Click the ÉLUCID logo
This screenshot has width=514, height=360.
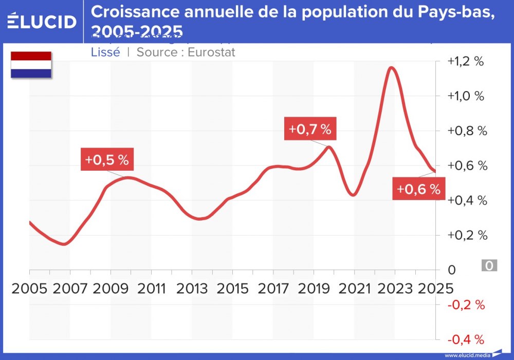click(x=42, y=22)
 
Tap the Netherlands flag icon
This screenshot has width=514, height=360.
click(x=31, y=64)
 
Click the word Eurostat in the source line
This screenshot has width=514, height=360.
click(x=211, y=52)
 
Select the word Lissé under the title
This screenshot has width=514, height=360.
click(x=105, y=52)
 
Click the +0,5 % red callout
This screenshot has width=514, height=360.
click(x=107, y=160)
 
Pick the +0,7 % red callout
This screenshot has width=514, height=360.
click(x=310, y=129)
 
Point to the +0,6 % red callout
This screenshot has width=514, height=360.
click(x=418, y=189)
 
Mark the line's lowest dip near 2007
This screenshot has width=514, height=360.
click(x=64, y=244)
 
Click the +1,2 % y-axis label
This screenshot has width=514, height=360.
click(x=466, y=61)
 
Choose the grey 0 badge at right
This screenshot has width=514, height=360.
click(x=489, y=266)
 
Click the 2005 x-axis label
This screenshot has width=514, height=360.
click(x=29, y=288)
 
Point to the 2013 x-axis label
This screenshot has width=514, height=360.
click(x=192, y=288)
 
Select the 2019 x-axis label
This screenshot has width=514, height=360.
click(x=314, y=288)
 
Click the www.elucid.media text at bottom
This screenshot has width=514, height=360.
click(x=467, y=355)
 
